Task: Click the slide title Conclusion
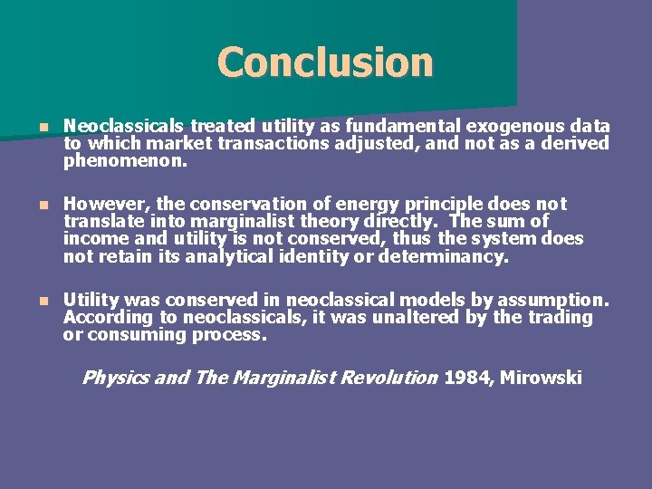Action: pos(325,62)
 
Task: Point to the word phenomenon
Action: pos(125,163)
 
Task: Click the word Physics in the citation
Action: pos(115,378)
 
